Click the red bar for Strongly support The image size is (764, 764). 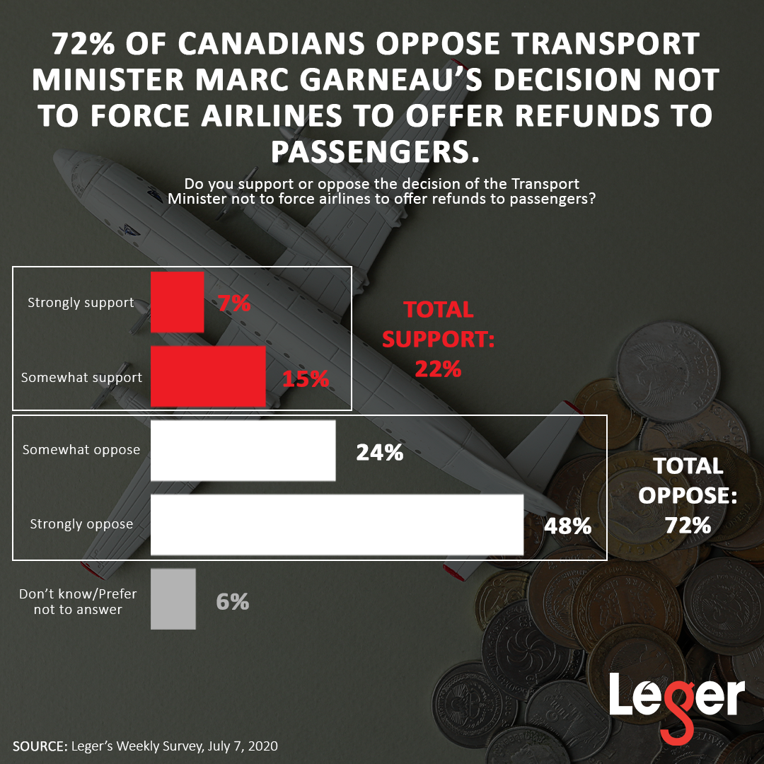178,302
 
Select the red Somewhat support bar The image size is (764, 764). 208,376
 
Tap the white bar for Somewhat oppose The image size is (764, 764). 243,450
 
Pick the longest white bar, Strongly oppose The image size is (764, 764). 337,524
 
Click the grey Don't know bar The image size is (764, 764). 173,599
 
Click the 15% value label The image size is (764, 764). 306,379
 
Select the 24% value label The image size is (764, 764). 379,453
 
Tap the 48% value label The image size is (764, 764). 567,526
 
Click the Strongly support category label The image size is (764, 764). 81,303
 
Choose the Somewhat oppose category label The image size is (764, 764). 81,450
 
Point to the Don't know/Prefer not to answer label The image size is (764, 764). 78,601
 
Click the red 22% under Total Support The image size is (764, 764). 438,369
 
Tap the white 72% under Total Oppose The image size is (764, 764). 688,525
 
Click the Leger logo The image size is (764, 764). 676,700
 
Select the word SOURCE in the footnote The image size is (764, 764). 38,746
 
